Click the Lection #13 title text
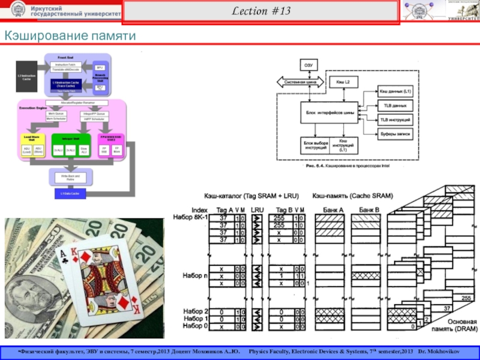coord(260,12)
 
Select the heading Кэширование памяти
coord(71,37)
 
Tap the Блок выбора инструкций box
coord(315,145)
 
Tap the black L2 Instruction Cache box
coord(26,77)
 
